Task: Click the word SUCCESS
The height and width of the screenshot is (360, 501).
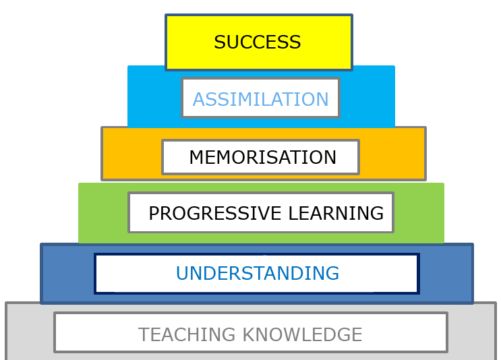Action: click(x=257, y=42)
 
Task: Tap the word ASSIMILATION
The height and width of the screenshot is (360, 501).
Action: click(x=260, y=99)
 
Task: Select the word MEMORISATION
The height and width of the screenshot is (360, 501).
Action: click(x=263, y=157)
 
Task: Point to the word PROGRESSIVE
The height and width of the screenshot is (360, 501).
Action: click(x=215, y=213)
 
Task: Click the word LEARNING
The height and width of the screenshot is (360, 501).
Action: click(x=336, y=213)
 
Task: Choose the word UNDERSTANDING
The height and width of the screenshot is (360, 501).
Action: click(x=258, y=273)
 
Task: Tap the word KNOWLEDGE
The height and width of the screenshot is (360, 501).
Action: click(x=302, y=334)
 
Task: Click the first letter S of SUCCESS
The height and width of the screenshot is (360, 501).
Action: click(x=220, y=42)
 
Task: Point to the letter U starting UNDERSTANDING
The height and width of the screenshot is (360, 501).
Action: click(x=183, y=273)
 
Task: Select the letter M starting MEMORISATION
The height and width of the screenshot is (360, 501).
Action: click(x=197, y=157)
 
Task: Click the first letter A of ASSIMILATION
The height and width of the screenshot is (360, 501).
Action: click(x=200, y=99)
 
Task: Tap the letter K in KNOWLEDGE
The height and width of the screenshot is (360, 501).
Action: click(x=249, y=334)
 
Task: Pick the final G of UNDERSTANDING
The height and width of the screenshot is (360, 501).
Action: click(x=332, y=273)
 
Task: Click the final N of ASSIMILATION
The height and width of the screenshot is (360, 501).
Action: click(x=322, y=99)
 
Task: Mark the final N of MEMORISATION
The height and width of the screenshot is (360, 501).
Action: click(x=330, y=157)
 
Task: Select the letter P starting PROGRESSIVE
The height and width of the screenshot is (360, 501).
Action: click(x=154, y=213)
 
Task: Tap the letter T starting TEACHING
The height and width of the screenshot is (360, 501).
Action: click(x=144, y=334)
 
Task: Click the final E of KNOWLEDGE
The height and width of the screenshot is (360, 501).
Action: click(x=357, y=334)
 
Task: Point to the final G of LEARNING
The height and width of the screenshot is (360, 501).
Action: click(x=377, y=213)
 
